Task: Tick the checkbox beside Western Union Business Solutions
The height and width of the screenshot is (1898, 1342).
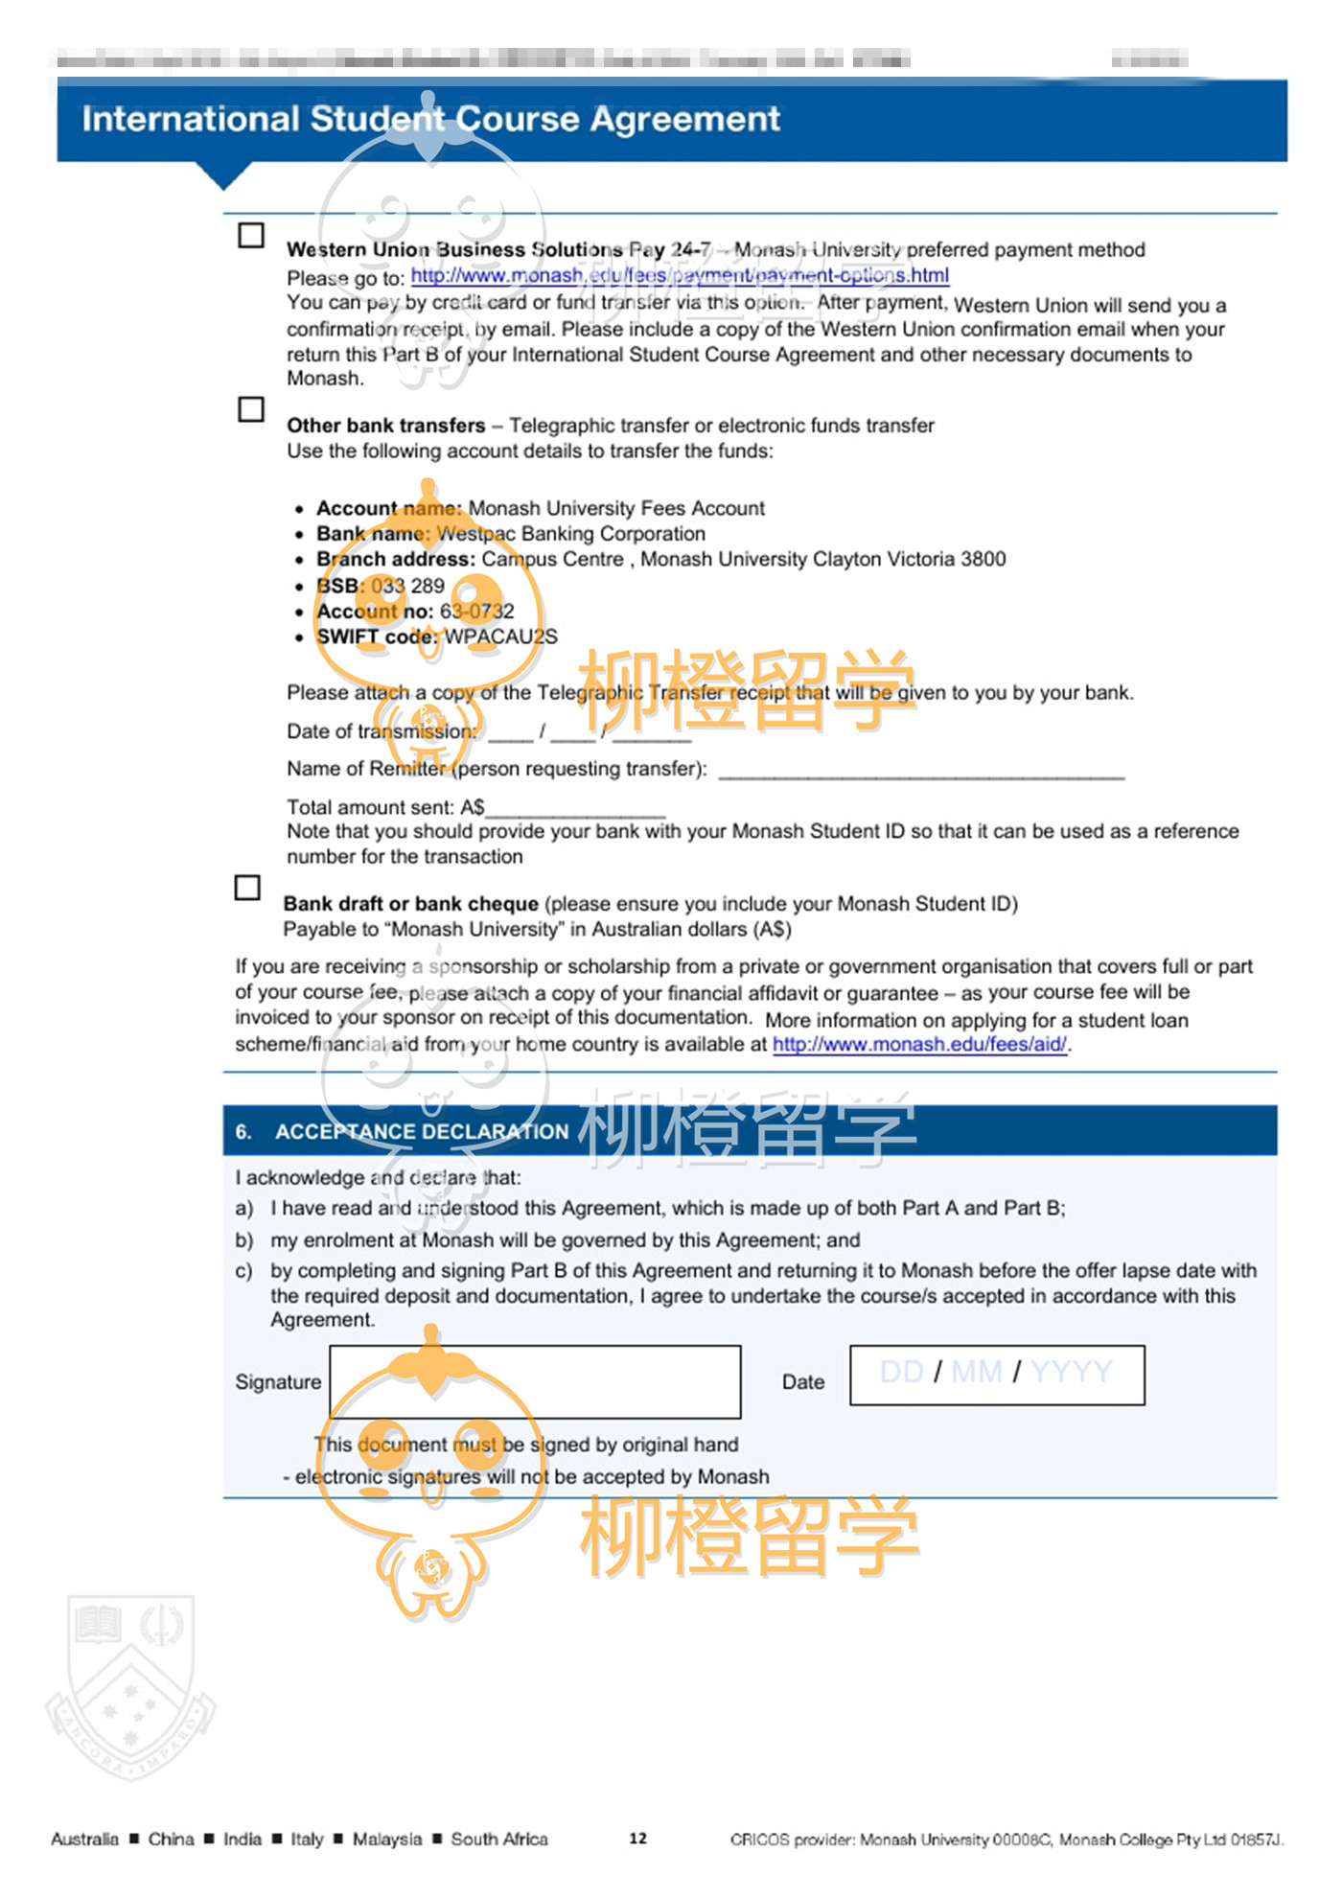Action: click(x=251, y=236)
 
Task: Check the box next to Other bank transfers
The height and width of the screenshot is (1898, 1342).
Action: click(x=251, y=409)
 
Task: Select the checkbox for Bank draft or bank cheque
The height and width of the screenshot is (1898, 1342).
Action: click(x=247, y=888)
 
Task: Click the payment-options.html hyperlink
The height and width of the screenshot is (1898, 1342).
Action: click(x=680, y=276)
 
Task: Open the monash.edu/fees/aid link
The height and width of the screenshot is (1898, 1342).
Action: click(x=919, y=1044)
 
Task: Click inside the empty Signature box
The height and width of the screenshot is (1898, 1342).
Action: click(x=535, y=1381)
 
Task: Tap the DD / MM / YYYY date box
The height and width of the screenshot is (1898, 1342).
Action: click(x=997, y=1375)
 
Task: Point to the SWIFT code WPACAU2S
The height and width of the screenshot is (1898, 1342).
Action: click(x=500, y=637)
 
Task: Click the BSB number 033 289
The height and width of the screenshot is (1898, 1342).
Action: click(x=408, y=586)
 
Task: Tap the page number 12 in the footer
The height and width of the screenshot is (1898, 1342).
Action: click(x=638, y=1838)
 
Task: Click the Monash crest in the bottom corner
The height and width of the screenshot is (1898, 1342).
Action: click(x=131, y=1687)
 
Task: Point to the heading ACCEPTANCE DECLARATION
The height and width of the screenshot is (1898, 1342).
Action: click(x=422, y=1132)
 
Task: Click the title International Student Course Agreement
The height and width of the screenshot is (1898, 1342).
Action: click(x=430, y=119)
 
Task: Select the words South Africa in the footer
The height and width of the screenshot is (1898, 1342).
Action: click(x=499, y=1839)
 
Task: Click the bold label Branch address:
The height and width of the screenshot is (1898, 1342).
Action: click(x=396, y=559)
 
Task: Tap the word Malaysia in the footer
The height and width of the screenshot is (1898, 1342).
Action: click(x=386, y=1839)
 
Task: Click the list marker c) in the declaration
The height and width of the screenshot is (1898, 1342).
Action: click(x=243, y=1271)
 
